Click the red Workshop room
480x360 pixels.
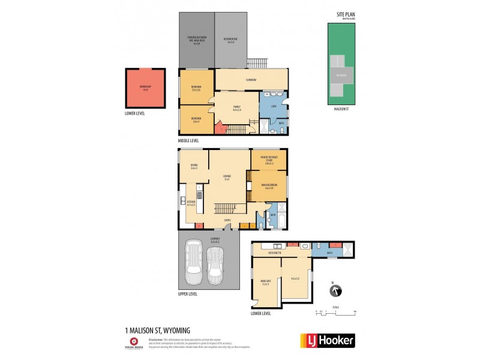click(x=145, y=89)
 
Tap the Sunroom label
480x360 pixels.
click(x=251, y=80)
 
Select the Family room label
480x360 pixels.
click(x=237, y=108)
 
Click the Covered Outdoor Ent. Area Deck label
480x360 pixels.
click(x=196, y=41)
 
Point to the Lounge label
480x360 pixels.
click(x=227, y=177)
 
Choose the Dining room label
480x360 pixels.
click(x=194, y=166)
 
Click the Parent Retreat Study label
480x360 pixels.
click(x=269, y=160)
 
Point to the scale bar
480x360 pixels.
click(x=335, y=313)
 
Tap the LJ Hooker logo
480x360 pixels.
click(x=327, y=340)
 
